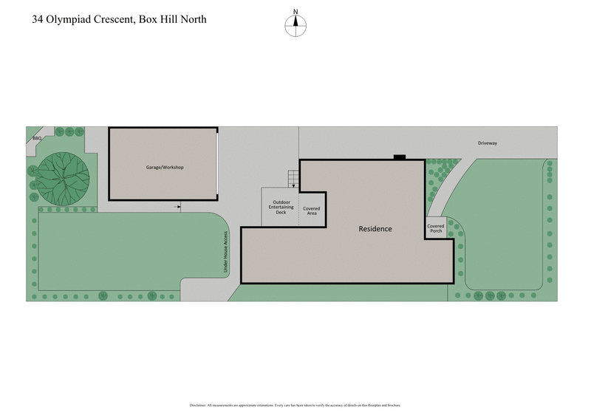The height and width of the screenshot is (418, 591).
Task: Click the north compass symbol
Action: click(295, 24)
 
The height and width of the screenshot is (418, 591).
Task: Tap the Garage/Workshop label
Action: click(164, 168)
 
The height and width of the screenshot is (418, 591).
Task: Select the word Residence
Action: click(375, 229)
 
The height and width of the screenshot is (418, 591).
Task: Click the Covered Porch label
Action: click(436, 228)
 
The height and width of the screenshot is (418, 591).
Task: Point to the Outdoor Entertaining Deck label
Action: click(281, 207)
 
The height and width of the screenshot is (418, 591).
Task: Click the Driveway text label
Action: click(487, 143)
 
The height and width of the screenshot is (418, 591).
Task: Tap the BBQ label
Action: click(36, 138)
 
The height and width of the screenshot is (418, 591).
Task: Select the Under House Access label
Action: click(225, 253)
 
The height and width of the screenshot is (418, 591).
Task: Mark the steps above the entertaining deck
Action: click(293, 179)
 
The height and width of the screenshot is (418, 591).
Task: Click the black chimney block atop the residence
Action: click(399, 156)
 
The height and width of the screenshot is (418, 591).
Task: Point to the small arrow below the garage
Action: click(177, 207)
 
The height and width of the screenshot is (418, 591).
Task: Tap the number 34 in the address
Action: click(37, 19)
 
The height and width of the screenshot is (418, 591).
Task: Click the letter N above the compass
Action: click(295, 12)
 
